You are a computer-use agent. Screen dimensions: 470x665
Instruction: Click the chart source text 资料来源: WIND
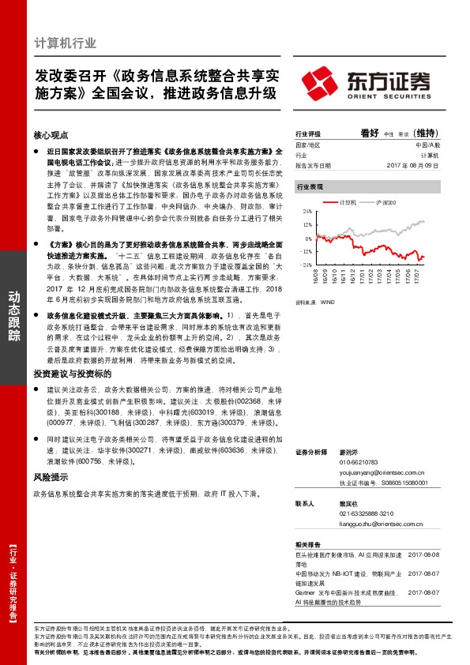pos(310,302)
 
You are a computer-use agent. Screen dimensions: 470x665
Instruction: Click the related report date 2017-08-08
pos(423,554)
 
